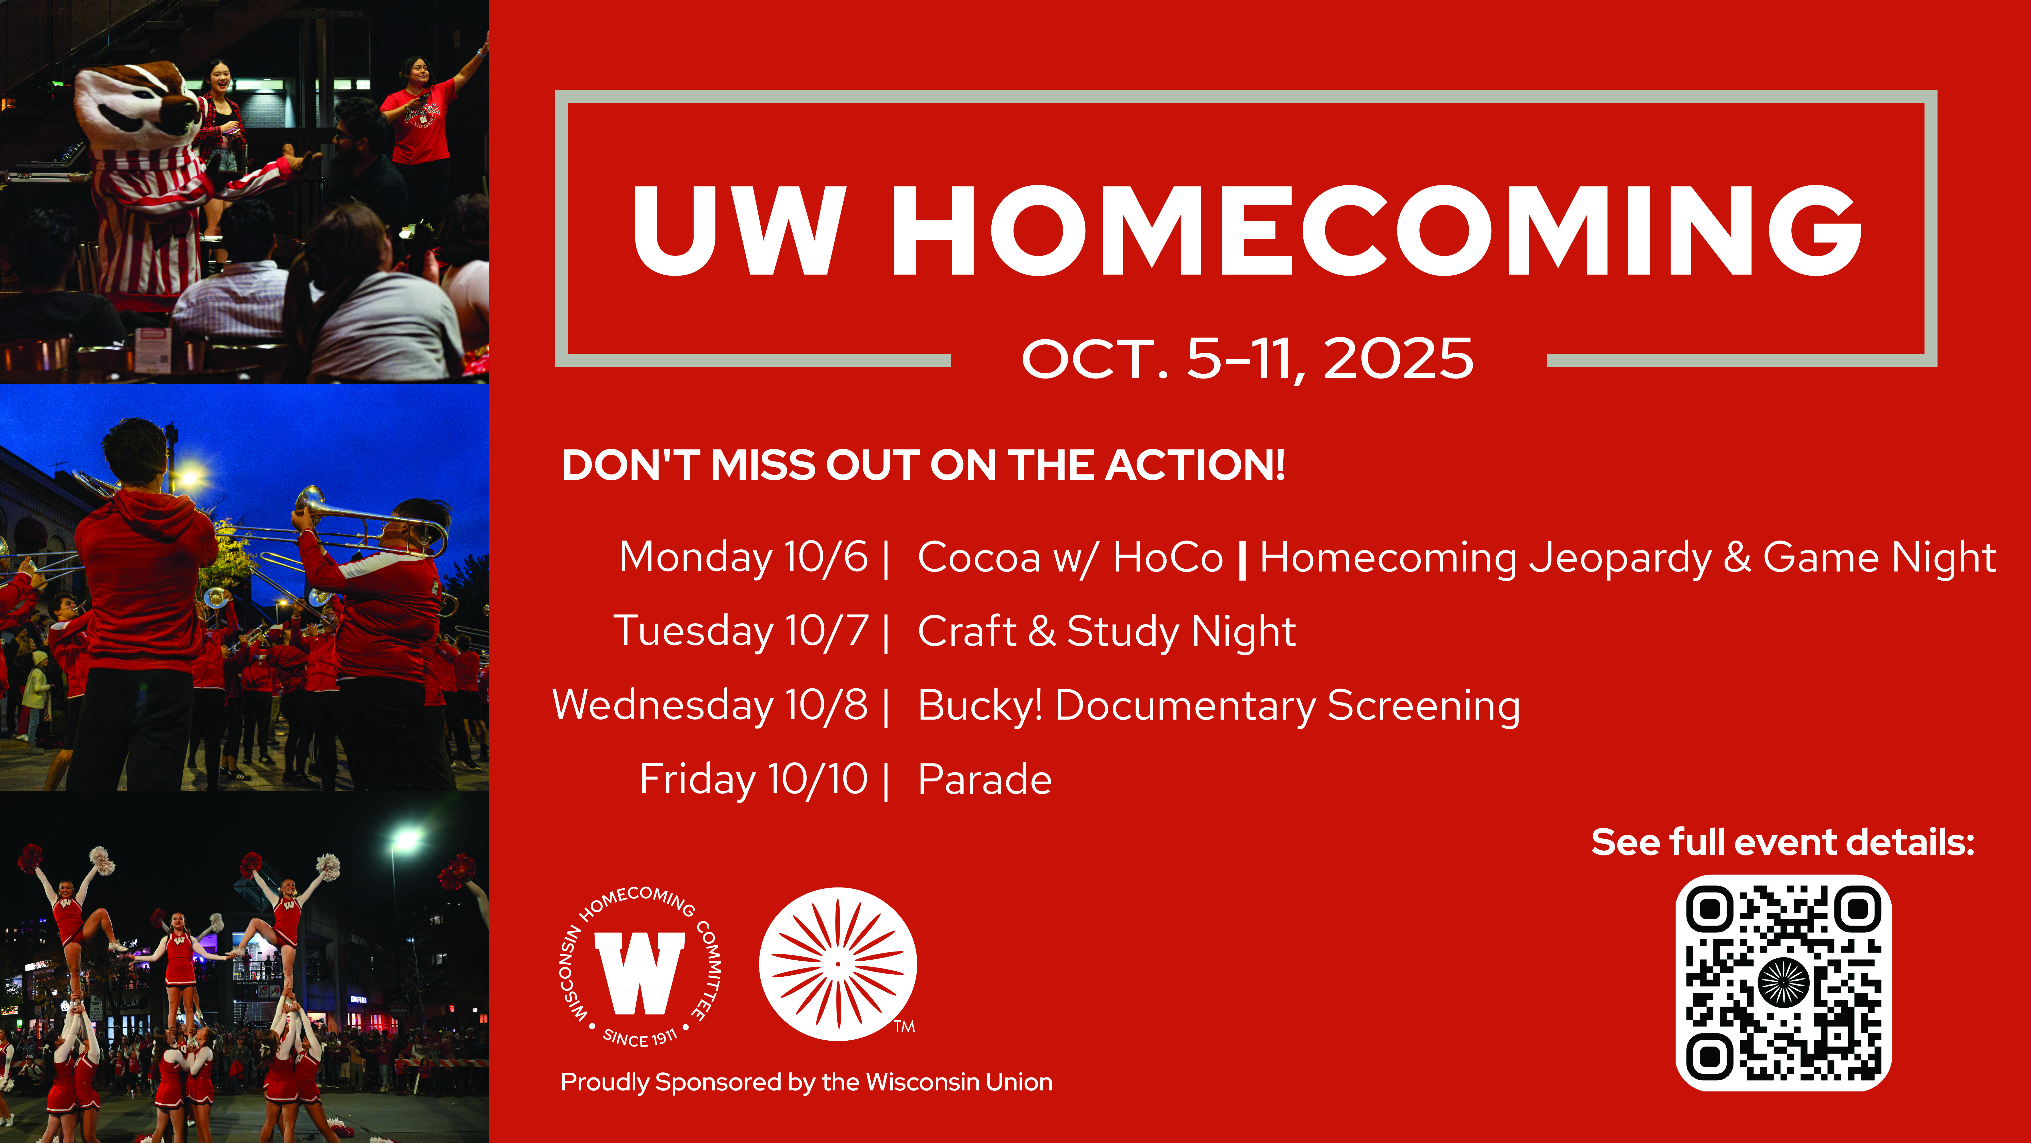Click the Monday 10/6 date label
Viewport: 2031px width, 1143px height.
tap(744, 558)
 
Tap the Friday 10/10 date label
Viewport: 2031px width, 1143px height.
tap(754, 779)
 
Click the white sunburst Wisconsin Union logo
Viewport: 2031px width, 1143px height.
tap(837, 964)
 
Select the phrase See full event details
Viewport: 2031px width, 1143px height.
tap(1783, 843)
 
